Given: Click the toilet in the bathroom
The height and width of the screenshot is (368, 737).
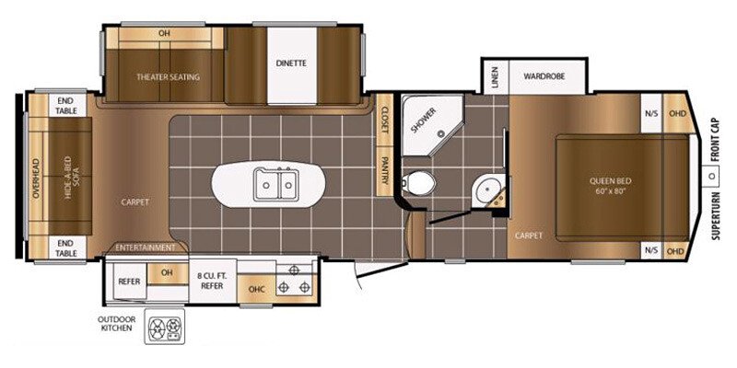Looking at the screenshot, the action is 419,183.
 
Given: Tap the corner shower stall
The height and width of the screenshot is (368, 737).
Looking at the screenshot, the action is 430,123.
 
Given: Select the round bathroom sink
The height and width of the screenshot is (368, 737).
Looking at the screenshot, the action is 485,191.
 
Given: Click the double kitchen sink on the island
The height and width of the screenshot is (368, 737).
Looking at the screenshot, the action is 275,185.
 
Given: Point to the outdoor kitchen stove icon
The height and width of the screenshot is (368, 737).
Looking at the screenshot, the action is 165,326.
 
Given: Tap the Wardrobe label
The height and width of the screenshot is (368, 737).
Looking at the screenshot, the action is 544,75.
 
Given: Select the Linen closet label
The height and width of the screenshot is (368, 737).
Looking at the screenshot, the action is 495,76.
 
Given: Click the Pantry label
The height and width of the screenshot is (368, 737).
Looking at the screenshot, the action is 384,170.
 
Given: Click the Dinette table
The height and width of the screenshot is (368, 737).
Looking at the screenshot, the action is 291,65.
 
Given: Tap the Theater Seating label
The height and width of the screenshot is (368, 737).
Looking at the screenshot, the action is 169,77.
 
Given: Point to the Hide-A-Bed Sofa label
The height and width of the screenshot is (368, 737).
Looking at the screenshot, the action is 71,178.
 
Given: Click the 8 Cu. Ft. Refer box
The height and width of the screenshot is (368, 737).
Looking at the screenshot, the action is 213,281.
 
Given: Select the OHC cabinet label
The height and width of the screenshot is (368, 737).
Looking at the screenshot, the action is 256,289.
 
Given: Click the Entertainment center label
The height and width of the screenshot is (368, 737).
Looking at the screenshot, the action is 146,247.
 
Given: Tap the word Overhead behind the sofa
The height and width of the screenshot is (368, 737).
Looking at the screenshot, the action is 36,178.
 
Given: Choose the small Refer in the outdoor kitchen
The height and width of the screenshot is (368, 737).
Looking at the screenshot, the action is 129,282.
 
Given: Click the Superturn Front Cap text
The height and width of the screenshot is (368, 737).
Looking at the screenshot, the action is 716,178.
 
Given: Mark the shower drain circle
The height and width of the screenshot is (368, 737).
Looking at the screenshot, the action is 441,133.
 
